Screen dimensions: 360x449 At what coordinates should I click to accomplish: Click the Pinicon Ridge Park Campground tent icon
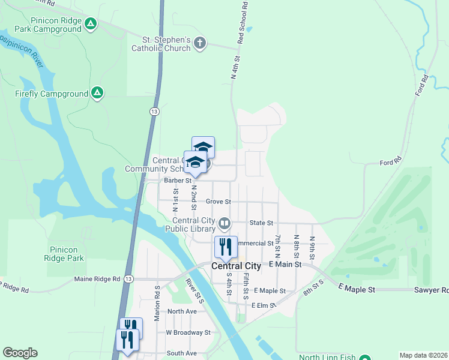pyautogui.click(x=90, y=23)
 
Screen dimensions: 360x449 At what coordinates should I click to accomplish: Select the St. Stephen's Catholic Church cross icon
pyautogui.click(x=200, y=43)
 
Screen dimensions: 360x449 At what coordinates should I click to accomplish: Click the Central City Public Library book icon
pyautogui.click(x=224, y=224)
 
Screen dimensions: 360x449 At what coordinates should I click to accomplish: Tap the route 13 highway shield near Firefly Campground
pyautogui.click(x=154, y=111)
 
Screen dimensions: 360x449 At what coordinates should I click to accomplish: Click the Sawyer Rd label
pyautogui.click(x=431, y=290)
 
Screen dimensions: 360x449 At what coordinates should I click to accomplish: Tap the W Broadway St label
pyautogui.click(x=188, y=332)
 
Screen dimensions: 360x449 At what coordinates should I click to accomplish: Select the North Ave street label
pyautogui.click(x=182, y=311)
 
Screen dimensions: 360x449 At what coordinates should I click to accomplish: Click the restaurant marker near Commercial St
pyautogui.click(x=226, y=246)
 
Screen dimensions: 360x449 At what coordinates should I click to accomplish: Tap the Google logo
pyautogui.click(x=20, y=353)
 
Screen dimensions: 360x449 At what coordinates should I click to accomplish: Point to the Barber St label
pyautogui.click(x=178, y=180)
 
